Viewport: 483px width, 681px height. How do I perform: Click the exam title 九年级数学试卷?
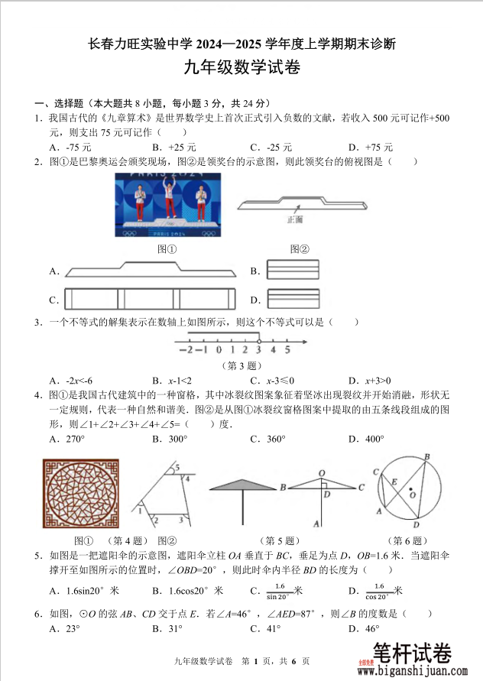point(241,68)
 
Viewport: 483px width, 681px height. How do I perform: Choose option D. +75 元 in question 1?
point(370,147)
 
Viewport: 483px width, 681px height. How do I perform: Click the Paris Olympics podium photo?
point(167,206)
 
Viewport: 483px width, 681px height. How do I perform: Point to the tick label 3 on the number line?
point(258,350)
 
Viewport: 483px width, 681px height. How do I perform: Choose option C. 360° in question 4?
point(267,439)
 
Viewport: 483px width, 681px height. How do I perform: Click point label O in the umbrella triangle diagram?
point(322,473)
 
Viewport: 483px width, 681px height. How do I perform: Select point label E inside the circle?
point(394,482)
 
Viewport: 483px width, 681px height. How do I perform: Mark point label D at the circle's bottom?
point(416,525)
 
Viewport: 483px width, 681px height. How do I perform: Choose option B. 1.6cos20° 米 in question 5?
point(187,590)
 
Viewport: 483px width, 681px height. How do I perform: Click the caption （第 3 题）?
point(243,365)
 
